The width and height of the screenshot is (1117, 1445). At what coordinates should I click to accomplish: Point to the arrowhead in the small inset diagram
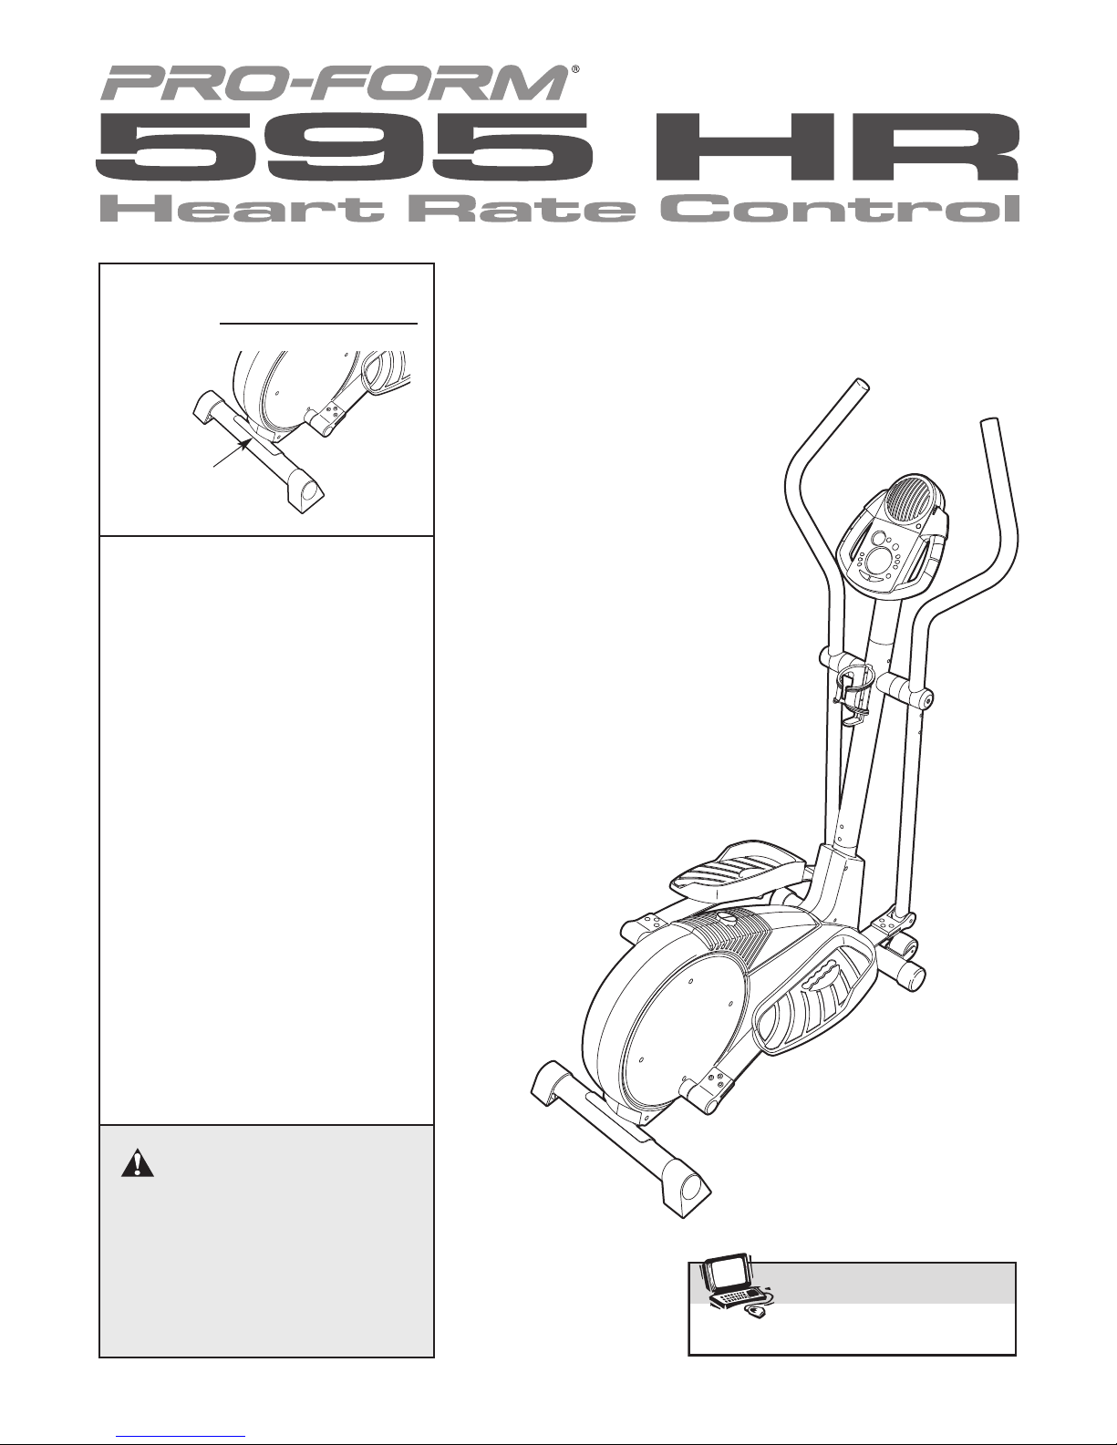246,442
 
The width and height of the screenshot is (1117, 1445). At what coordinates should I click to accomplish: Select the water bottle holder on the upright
855,697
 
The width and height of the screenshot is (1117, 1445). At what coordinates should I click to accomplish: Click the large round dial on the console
878,558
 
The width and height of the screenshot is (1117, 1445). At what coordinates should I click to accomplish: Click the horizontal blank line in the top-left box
318,322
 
